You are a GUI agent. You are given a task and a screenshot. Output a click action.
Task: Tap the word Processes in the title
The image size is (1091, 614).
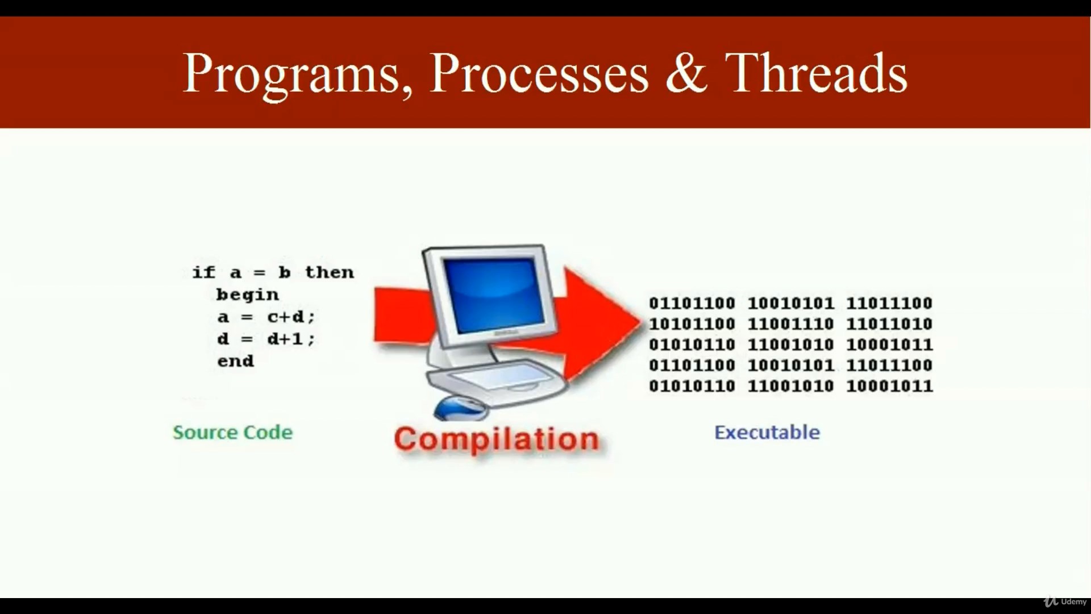[539, 73]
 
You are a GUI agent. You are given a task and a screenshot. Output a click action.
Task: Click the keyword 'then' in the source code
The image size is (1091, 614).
[330, 272]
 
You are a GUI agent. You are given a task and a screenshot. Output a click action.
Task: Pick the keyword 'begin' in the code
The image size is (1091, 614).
[248, 294]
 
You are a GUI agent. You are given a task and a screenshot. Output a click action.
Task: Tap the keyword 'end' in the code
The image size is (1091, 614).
[236, 361]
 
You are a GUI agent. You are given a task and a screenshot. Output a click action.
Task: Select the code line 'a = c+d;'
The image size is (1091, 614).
[266, 317]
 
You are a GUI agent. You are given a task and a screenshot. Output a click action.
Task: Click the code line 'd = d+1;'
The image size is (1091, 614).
[266, 339]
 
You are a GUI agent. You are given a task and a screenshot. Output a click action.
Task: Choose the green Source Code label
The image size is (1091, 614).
[233, 433]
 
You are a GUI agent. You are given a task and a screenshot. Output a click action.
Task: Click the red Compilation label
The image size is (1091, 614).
[497, 439]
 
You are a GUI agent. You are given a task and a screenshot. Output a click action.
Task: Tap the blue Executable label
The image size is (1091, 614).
[767, 433]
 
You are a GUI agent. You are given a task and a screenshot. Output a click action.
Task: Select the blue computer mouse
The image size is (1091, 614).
[460, 408]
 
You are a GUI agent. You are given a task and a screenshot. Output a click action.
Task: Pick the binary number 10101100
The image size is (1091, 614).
[692, 324]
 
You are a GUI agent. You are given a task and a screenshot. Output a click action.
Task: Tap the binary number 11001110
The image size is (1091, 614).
[790, 324]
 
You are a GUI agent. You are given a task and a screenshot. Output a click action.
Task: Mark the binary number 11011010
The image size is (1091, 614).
[889, 324]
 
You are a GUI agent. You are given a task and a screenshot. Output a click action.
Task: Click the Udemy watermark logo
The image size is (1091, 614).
[1065, 601]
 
